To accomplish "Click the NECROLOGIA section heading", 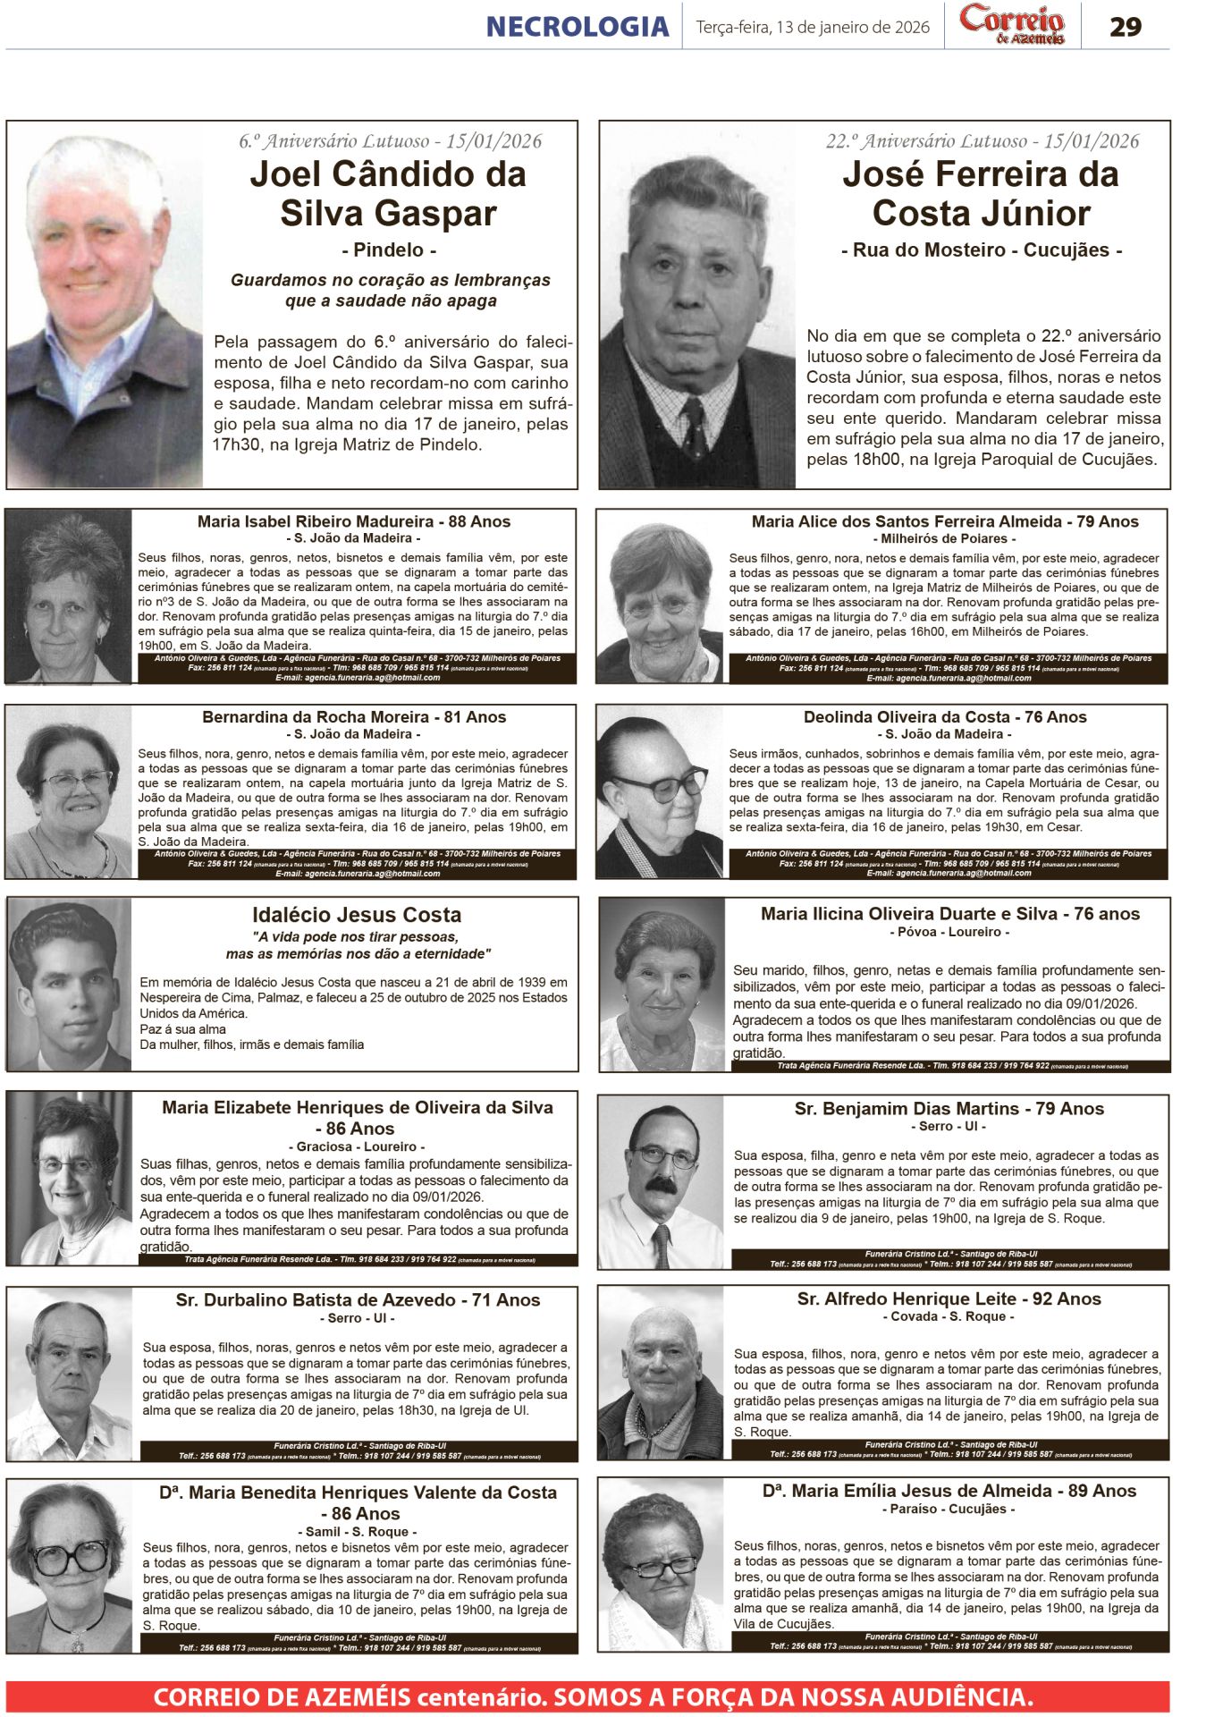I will (x=577, y=27).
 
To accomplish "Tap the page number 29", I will (x=1125, y=27).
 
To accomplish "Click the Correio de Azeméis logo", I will (x=1012, y=24).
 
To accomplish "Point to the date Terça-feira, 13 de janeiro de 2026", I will (x=813, y=27).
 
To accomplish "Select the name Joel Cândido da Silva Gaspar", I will (x=387, y=193).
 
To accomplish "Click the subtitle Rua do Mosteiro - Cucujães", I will (x=981, y=250).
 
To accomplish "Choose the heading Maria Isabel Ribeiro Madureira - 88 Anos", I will (x=354, y=521).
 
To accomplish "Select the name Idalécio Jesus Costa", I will (x=357, y=915).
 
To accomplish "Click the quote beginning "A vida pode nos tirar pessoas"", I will (x=358, y=945).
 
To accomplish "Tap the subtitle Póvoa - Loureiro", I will (x=949, y=932).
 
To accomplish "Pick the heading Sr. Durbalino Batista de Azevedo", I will (x=358, y=1300).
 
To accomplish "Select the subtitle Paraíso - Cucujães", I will (x=949, y=1509).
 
